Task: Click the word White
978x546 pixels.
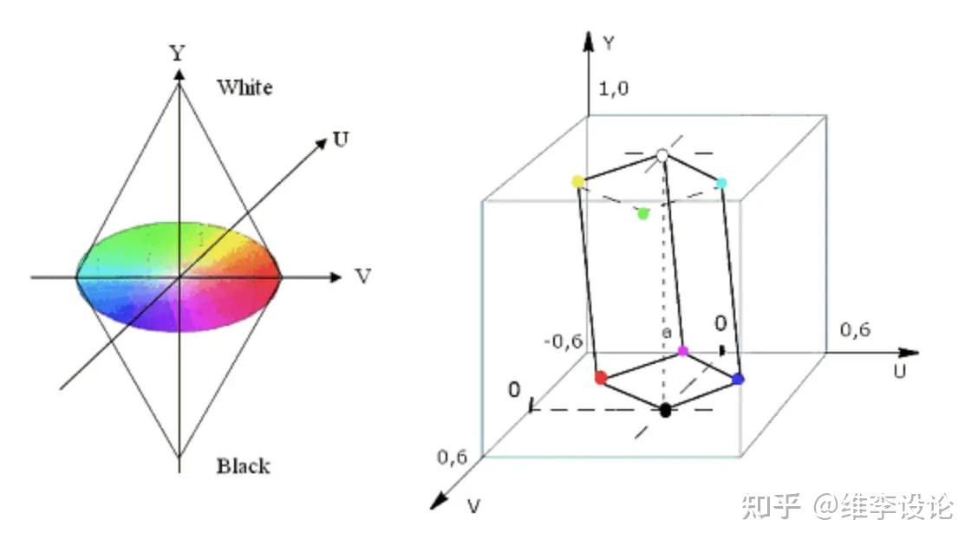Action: (x=244, y=87)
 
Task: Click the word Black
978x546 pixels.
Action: (x=243, y=466)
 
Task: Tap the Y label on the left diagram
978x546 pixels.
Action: (x=178, y=53)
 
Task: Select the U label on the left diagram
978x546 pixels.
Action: (x=342, y=140)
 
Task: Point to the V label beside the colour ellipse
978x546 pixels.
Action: (x=363, y=277)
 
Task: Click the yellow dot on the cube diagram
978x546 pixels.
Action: (x=578, y=181)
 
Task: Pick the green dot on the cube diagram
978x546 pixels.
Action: (x=642, y=213)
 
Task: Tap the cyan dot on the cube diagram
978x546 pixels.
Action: (x=721, y=182)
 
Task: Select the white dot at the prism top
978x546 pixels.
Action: (x=662, y=154)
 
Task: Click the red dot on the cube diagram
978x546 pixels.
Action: (x=600, y=378)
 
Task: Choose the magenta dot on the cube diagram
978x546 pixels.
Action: (x=682, y=351)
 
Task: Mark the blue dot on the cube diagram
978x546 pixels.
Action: (x=738, y=379)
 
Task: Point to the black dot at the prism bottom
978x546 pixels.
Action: (x=665, y=410)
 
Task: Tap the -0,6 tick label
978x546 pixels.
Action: (x=563, y=341)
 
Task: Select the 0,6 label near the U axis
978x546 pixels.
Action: (x=856, y=330)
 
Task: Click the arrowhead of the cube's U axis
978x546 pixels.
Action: (x=910, y=353)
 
